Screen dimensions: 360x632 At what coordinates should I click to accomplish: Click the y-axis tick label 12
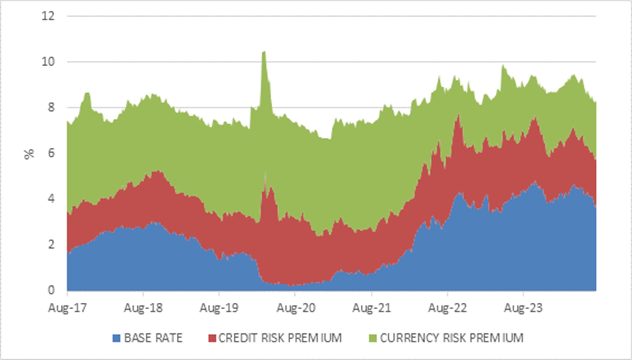point(48,16)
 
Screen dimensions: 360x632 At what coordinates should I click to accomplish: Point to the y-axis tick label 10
point(48,62)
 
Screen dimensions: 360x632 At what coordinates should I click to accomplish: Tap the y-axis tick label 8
point(51,108)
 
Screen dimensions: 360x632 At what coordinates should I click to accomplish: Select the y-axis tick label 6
point(51,153)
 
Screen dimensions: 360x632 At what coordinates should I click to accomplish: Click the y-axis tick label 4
point(51,199)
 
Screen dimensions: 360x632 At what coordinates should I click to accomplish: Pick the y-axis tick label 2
point(51,245)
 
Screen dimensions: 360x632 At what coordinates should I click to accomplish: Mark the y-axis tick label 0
point(51,290)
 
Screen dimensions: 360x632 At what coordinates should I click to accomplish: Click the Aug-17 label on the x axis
point(67,308)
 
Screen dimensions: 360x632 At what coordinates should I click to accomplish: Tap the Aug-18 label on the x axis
point(143,308)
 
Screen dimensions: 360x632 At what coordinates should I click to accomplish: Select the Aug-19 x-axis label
point(219,308)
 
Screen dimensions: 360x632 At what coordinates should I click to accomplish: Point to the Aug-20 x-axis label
point(295,308)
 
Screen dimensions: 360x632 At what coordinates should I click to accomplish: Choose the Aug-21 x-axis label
point(371,308)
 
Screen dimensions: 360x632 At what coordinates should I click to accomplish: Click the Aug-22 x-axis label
point(447,308)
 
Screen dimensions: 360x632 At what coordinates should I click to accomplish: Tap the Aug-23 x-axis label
point(523,308)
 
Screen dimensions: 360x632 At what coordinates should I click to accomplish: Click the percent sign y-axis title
point(29,154)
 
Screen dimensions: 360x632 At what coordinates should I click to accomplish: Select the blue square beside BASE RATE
point(116,338)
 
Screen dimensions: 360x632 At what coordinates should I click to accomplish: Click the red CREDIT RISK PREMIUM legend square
point(212,338)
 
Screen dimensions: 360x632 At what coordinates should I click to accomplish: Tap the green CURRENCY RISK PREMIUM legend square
point(373,338)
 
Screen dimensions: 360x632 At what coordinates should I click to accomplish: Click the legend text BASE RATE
point(153,338)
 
